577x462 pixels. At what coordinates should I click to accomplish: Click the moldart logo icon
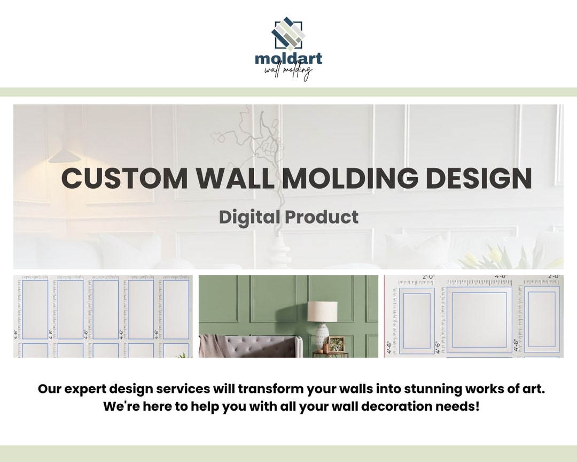pyautogui.click(x=288, y=34)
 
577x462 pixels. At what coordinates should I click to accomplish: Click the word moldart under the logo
pyautogui.click(x=288, y=58)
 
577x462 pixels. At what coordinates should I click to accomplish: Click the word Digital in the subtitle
pyautogui.click(x=249, y=217)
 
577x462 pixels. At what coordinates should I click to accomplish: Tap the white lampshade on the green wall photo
pyautogui.click(x=322, y=311)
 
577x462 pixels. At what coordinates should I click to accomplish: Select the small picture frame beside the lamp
pyautogui.click(x=337, y=344)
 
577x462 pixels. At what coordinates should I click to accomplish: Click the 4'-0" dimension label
pyautogui.click(x=501, y=277)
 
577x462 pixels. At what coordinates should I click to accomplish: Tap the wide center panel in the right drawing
pyautogui.click(x=480, y=319)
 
